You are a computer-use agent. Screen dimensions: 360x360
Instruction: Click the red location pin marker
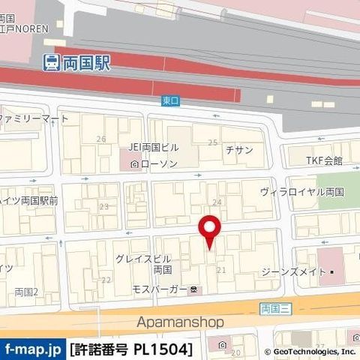click(x=209, y=228)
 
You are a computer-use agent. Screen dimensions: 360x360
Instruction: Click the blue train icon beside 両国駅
click(x=51, y=63)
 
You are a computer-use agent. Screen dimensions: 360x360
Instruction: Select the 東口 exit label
click(x=170, y=99)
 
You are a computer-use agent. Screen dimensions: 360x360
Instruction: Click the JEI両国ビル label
click(x=153, y=147)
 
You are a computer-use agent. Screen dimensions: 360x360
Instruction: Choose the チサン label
click(x=239, y=149)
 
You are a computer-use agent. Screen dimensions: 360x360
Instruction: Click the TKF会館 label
click(x=324, y=160)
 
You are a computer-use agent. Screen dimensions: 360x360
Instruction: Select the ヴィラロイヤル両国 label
click(x=302, y=191)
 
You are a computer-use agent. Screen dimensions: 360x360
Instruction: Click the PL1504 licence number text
click(x=163, y=349)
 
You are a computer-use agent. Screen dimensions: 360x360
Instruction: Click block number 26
click(x=101, y=139)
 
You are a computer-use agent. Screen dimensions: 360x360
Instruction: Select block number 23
click(x=103, y=206)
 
